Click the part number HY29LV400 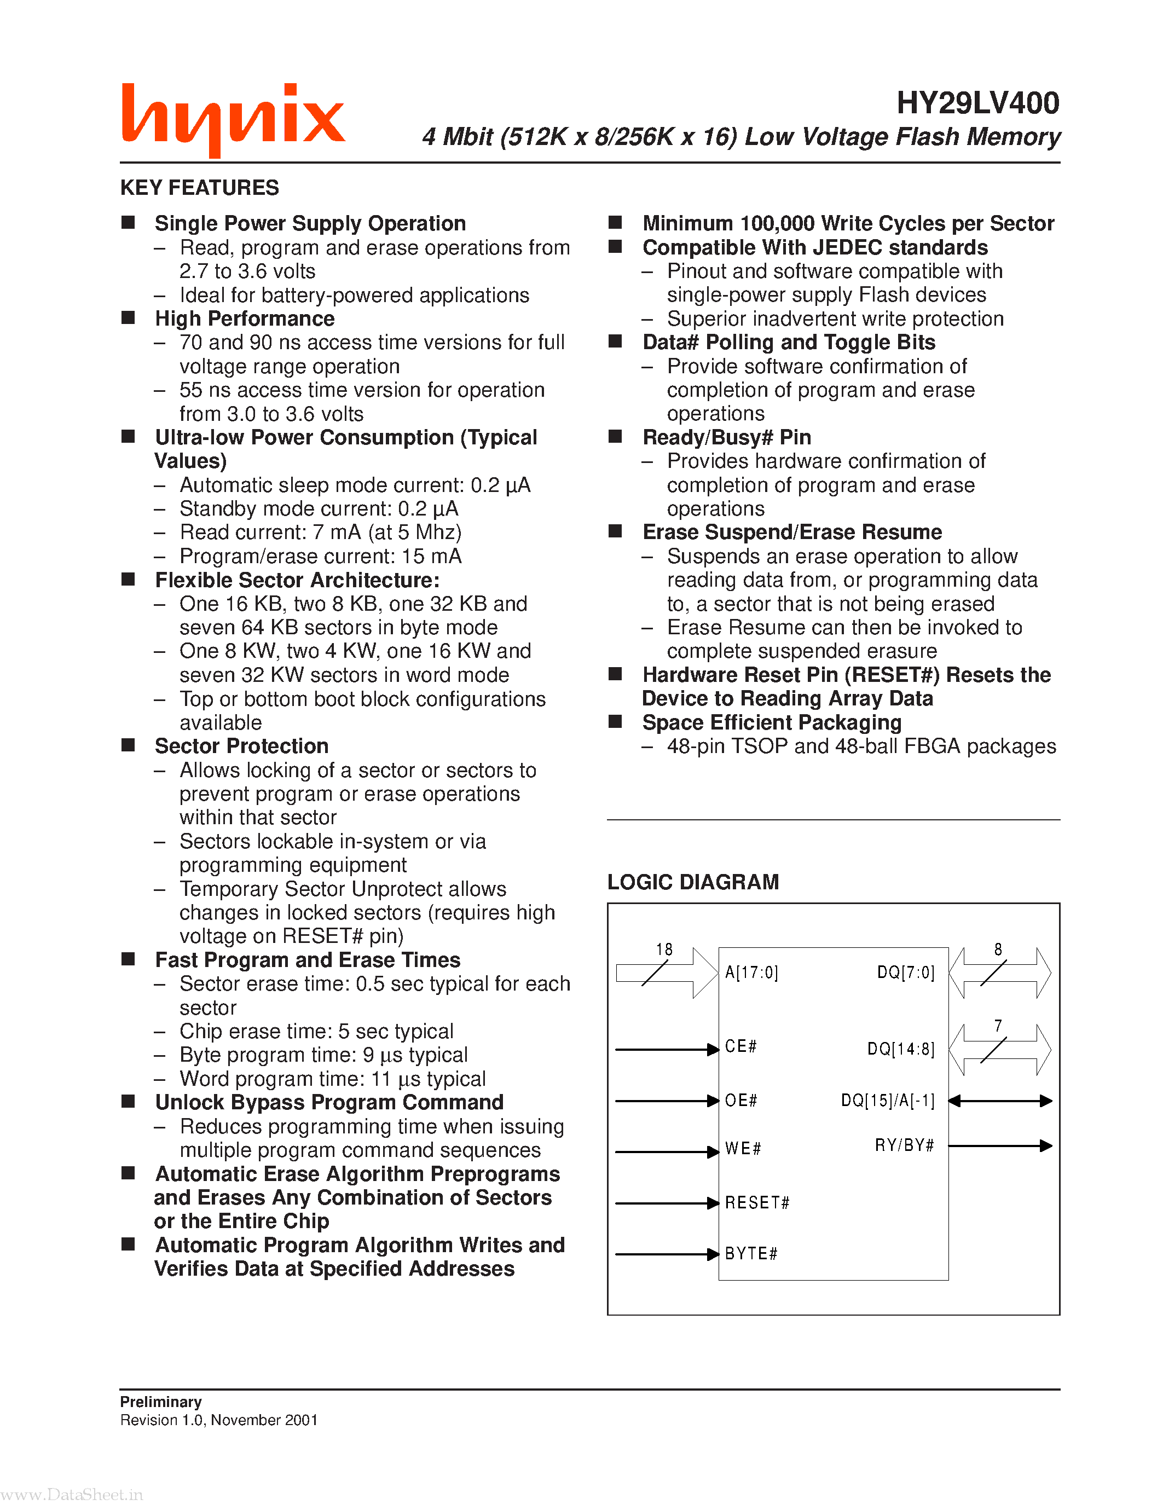[x=977, y=103]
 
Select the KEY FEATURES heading [x=199, y=187]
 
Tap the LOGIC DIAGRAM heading [x=692, y=882]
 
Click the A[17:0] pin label [x=751, y=973]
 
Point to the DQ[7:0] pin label [x=905, y=973]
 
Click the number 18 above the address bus [x=663, y=950]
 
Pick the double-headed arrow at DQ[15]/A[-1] [x=1000, y=1101]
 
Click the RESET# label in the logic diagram [x=756, y=1203]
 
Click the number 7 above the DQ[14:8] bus [x=998, y=1026]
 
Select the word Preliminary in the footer [x=160, y=1402]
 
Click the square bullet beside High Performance [x=128, y=317]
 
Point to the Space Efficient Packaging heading [x=772, y=723]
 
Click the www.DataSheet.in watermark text [x=72, y=1495]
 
